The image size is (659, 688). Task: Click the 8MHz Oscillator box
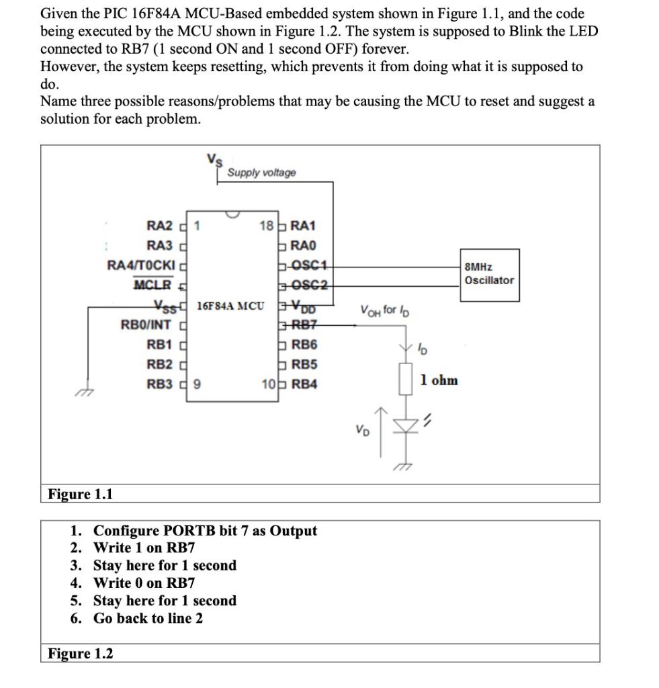(488, 274)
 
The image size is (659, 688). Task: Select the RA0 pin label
(304, 245)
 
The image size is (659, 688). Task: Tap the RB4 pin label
(304, 384)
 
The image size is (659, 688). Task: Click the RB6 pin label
(304, 345)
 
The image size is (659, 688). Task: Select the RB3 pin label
(160, 384)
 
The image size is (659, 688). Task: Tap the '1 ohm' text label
(439, 380)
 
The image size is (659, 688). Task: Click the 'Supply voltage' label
(261, 173)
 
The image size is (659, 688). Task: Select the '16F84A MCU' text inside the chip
(230, 306)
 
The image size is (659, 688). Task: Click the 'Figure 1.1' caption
(80, 494)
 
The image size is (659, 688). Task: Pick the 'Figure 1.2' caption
(80, 653)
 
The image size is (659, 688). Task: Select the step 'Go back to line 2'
(148, 618)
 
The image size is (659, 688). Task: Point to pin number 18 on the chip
(265, 226)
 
